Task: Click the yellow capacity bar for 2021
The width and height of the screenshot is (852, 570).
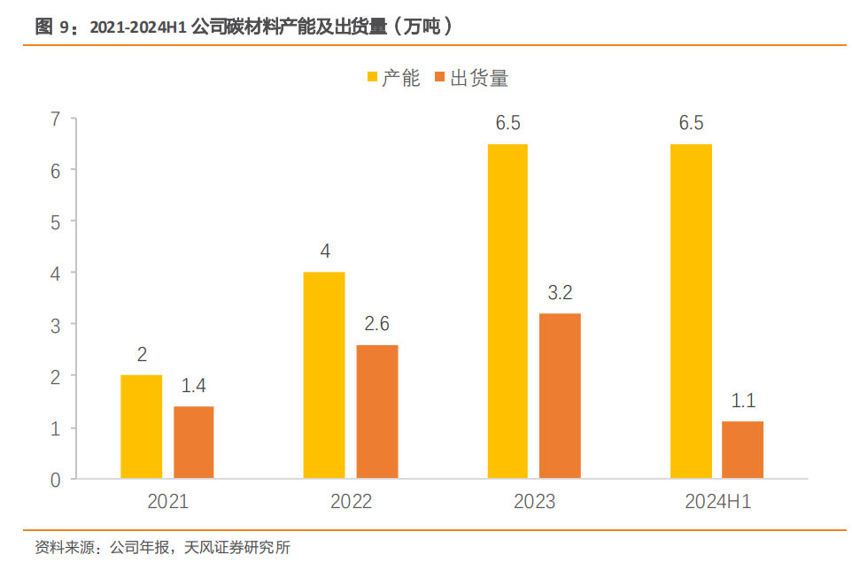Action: pos(142,427)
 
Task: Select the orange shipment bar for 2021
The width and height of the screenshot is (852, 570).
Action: pos(194,443)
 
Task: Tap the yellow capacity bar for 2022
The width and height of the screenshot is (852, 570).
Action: pos(324,375)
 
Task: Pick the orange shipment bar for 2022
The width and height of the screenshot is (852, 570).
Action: pos(377,412)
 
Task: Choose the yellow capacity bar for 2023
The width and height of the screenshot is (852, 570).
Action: pos(507,311)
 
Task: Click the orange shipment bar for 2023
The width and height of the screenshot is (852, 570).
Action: pos(561,396)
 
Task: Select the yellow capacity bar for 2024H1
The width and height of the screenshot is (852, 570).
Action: pos(691,311)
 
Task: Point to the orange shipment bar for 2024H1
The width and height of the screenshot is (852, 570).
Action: pos(743,450)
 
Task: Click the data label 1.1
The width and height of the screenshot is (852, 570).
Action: pos(743,401)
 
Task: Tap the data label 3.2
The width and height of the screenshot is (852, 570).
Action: pos(561,293)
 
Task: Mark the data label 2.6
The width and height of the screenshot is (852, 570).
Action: pos(377,324)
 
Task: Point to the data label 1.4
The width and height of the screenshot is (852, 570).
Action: pos(194,386)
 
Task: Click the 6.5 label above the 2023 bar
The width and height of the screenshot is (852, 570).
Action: pos(507,123)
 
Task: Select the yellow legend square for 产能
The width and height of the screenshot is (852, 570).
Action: pos(372,79)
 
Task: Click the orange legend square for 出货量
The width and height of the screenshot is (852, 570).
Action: pos(440,79)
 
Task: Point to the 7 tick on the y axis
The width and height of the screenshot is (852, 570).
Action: pos(55,119)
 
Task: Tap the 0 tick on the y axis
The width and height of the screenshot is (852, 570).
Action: pos(55,480)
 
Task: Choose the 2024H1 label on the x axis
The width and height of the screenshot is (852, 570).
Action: pos(717,502)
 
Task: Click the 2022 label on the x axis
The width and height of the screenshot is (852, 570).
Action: pos(351,502)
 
